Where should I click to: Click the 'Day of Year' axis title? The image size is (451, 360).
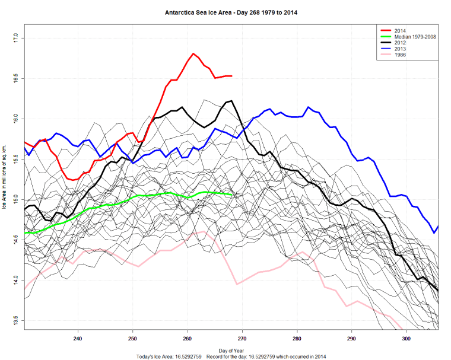click(231, 350)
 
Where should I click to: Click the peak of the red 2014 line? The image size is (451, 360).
click(193, 53)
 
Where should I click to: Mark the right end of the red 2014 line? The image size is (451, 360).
click(231, 76)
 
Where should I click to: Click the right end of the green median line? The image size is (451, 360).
click(231, 195)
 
